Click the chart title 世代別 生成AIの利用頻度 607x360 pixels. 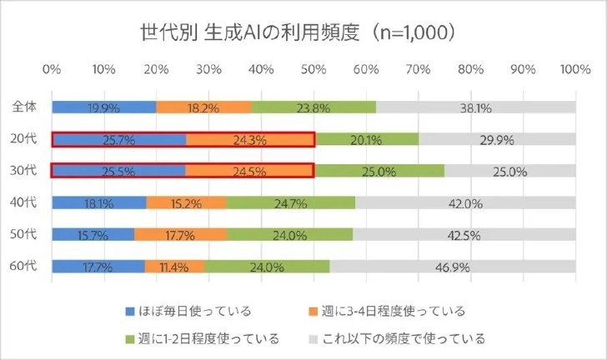[x=249, y=32]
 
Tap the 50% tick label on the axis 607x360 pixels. [x=314, y=70]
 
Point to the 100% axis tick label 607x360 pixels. [x=575, y=70]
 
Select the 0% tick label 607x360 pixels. [x=52, y=70]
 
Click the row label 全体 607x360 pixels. [x=24, y=107]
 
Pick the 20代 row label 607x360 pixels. [x=23, y=138]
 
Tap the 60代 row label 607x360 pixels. [x=23, y=266]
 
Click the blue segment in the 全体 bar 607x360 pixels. [x=104, y=107]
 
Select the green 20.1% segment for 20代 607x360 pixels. [x=367, y=139]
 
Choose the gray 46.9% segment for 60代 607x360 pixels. [x=453, y=267]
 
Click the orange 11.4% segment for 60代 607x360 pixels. [x=174, y=267]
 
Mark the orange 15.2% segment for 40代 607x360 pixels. [x=187, y=202]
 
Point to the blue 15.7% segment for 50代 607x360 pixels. [x=93, y=234]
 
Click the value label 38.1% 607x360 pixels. [x=476, y=108]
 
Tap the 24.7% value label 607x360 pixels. [x=290, y=203]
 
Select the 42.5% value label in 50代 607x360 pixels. [x=464, y=235]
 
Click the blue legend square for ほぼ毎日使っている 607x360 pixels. [x=130, y=311]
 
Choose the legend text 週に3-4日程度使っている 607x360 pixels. [x=394, y=311]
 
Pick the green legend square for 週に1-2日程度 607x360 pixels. [x=130, y=339]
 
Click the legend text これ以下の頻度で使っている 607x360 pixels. [x=404, y=338]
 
